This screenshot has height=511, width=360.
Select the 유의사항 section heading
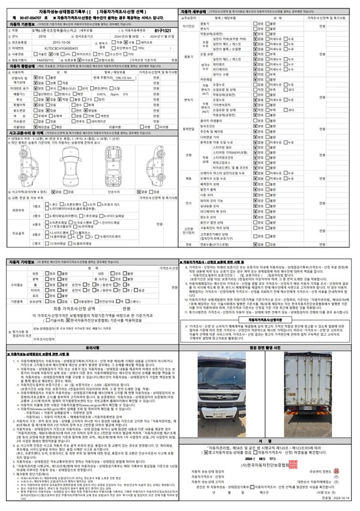pyautogui.click(x=92, y=346)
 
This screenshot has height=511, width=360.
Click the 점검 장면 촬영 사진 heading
pyautogui.click(x=269, y=346)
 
